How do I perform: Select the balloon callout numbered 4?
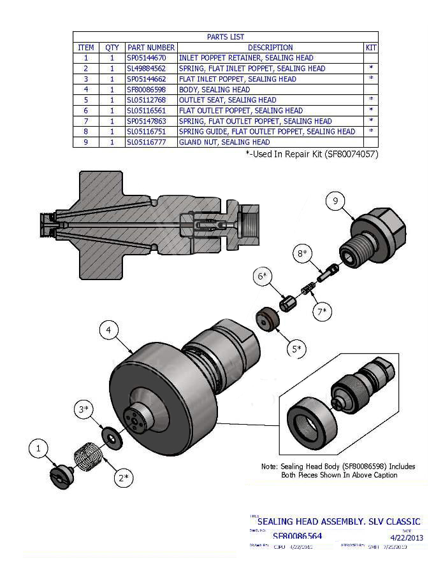109,330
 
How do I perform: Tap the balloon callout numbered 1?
38,449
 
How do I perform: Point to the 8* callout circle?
301,253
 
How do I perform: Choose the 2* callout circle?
125,477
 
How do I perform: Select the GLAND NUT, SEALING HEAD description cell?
224,143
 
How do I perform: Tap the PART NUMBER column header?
151,48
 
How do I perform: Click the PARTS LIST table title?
225,37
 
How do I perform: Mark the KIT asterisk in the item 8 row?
370,132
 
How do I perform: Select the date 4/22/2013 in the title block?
407,537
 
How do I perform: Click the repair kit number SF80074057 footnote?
350,154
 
